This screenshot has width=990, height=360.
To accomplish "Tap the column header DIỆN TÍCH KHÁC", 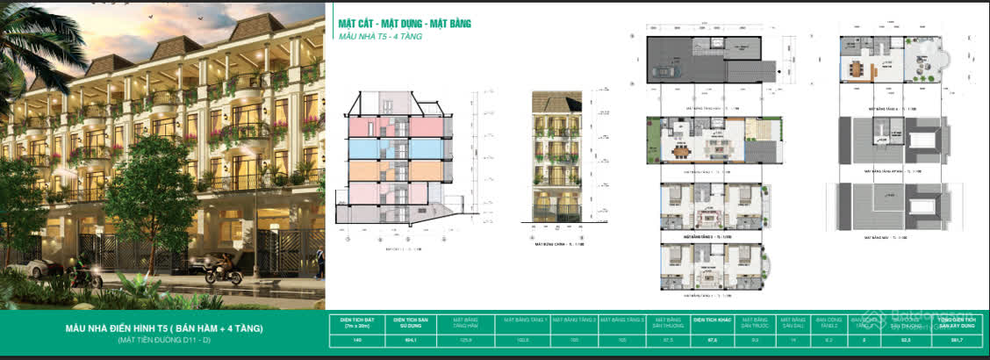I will tap(711, 321).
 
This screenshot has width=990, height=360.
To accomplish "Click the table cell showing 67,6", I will tap(711, 338).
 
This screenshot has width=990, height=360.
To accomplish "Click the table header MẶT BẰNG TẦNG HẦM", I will tap(466, 321).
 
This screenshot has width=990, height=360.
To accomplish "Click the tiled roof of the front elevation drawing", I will tap(556, 101).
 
